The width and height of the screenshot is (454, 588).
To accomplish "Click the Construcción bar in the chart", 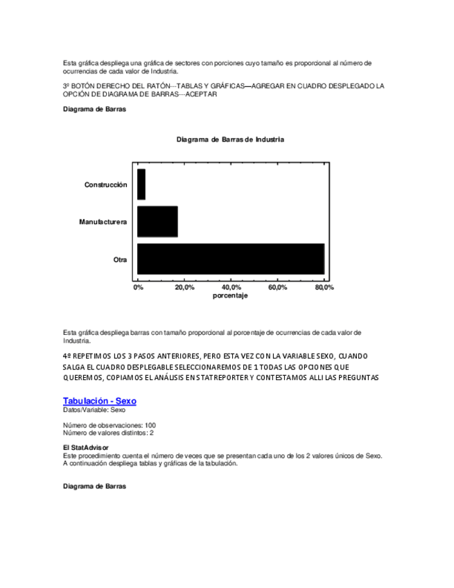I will point(141,184).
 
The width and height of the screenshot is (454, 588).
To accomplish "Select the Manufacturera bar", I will point(157,222).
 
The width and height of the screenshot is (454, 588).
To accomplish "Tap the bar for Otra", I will point(230,259).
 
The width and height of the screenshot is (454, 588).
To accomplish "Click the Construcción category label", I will point(105,185).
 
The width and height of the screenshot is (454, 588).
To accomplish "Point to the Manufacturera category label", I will point(103,222).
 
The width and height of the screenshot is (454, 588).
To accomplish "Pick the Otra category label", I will point(121,259).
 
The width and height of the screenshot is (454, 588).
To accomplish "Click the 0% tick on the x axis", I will point(138,287).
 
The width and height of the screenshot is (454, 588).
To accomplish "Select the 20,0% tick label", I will point(184,287).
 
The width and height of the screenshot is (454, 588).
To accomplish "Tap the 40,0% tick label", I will point(231,287).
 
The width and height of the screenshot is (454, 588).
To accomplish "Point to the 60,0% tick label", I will point(277,287).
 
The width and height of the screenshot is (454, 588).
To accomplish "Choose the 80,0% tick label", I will point(324,287).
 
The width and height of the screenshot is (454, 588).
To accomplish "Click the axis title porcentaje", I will point(230,295).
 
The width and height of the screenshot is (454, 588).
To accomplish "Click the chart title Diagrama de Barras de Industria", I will point(230,139).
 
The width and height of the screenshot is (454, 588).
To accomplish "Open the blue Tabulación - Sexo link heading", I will point(100,401).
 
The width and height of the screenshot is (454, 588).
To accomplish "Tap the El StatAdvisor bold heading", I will point(86,448).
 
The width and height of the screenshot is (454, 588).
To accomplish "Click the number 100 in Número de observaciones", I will point(150,425).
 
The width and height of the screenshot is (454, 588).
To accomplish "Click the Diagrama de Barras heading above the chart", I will point(94,109).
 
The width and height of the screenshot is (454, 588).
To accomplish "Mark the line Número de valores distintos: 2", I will point(108,433).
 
